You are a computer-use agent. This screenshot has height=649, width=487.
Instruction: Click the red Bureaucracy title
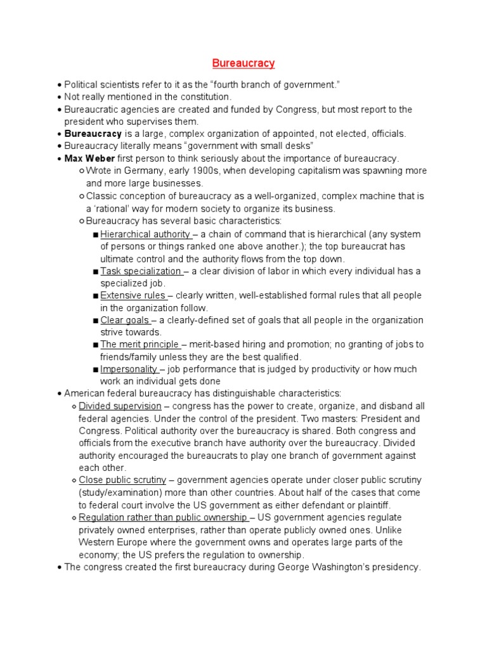[243, 63]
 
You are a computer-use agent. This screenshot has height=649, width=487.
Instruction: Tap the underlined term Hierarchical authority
[145, 234]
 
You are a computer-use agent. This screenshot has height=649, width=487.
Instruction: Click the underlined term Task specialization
[141, 271]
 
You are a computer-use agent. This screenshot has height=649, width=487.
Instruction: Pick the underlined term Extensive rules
[136, 295]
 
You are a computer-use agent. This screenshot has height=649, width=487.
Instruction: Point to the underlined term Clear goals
[125, 320]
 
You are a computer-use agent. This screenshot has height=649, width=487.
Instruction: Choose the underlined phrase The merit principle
[140, 345]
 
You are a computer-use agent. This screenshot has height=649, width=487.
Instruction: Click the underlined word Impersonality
[129, 369]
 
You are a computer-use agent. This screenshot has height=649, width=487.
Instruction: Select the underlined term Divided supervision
[120, 406]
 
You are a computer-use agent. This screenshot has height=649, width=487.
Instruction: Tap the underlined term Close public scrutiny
[122, 480]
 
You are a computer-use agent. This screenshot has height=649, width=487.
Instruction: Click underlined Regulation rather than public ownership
[162, 517]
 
